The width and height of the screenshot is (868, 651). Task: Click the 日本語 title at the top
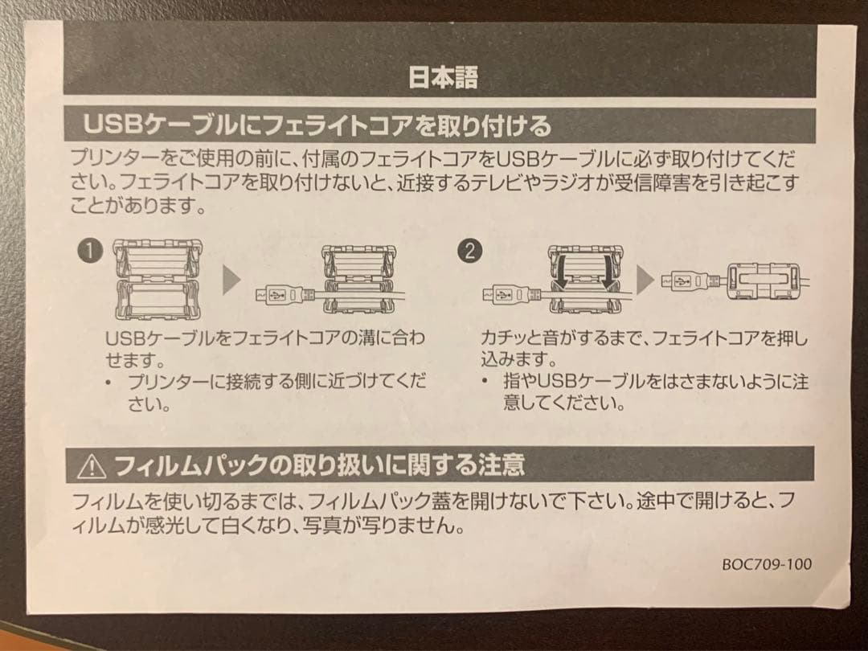443,78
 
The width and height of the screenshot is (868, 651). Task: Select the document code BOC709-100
766,563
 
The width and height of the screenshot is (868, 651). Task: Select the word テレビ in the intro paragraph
548,184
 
